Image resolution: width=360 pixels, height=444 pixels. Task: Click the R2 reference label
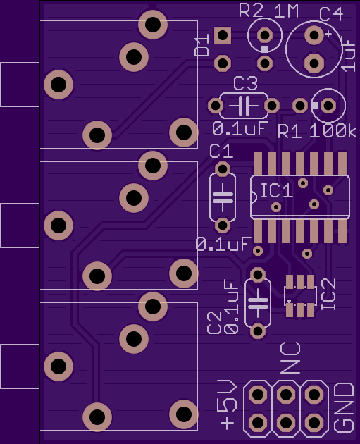252,11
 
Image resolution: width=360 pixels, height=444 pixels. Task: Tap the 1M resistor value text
286,11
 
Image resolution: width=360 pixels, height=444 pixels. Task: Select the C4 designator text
331,14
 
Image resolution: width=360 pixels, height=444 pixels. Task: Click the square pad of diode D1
223,35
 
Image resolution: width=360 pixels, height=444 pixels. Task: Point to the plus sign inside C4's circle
328,34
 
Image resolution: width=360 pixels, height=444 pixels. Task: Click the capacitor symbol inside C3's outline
244,106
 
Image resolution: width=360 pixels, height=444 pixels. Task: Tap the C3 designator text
246,83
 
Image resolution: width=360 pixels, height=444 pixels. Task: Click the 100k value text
333,131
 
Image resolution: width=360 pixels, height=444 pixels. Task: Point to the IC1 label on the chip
276,190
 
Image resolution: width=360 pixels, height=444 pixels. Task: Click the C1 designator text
221,152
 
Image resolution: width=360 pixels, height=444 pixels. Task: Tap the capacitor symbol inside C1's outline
223,197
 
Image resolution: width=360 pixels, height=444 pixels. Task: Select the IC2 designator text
328,294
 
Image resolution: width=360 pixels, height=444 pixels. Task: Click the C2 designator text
214,323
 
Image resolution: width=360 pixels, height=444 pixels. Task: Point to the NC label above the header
290,357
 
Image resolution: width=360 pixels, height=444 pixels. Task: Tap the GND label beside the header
344,408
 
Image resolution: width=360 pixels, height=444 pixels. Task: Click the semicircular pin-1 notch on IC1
254,197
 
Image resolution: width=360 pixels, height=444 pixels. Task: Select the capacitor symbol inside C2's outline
258,303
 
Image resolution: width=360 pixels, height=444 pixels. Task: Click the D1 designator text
202,45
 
